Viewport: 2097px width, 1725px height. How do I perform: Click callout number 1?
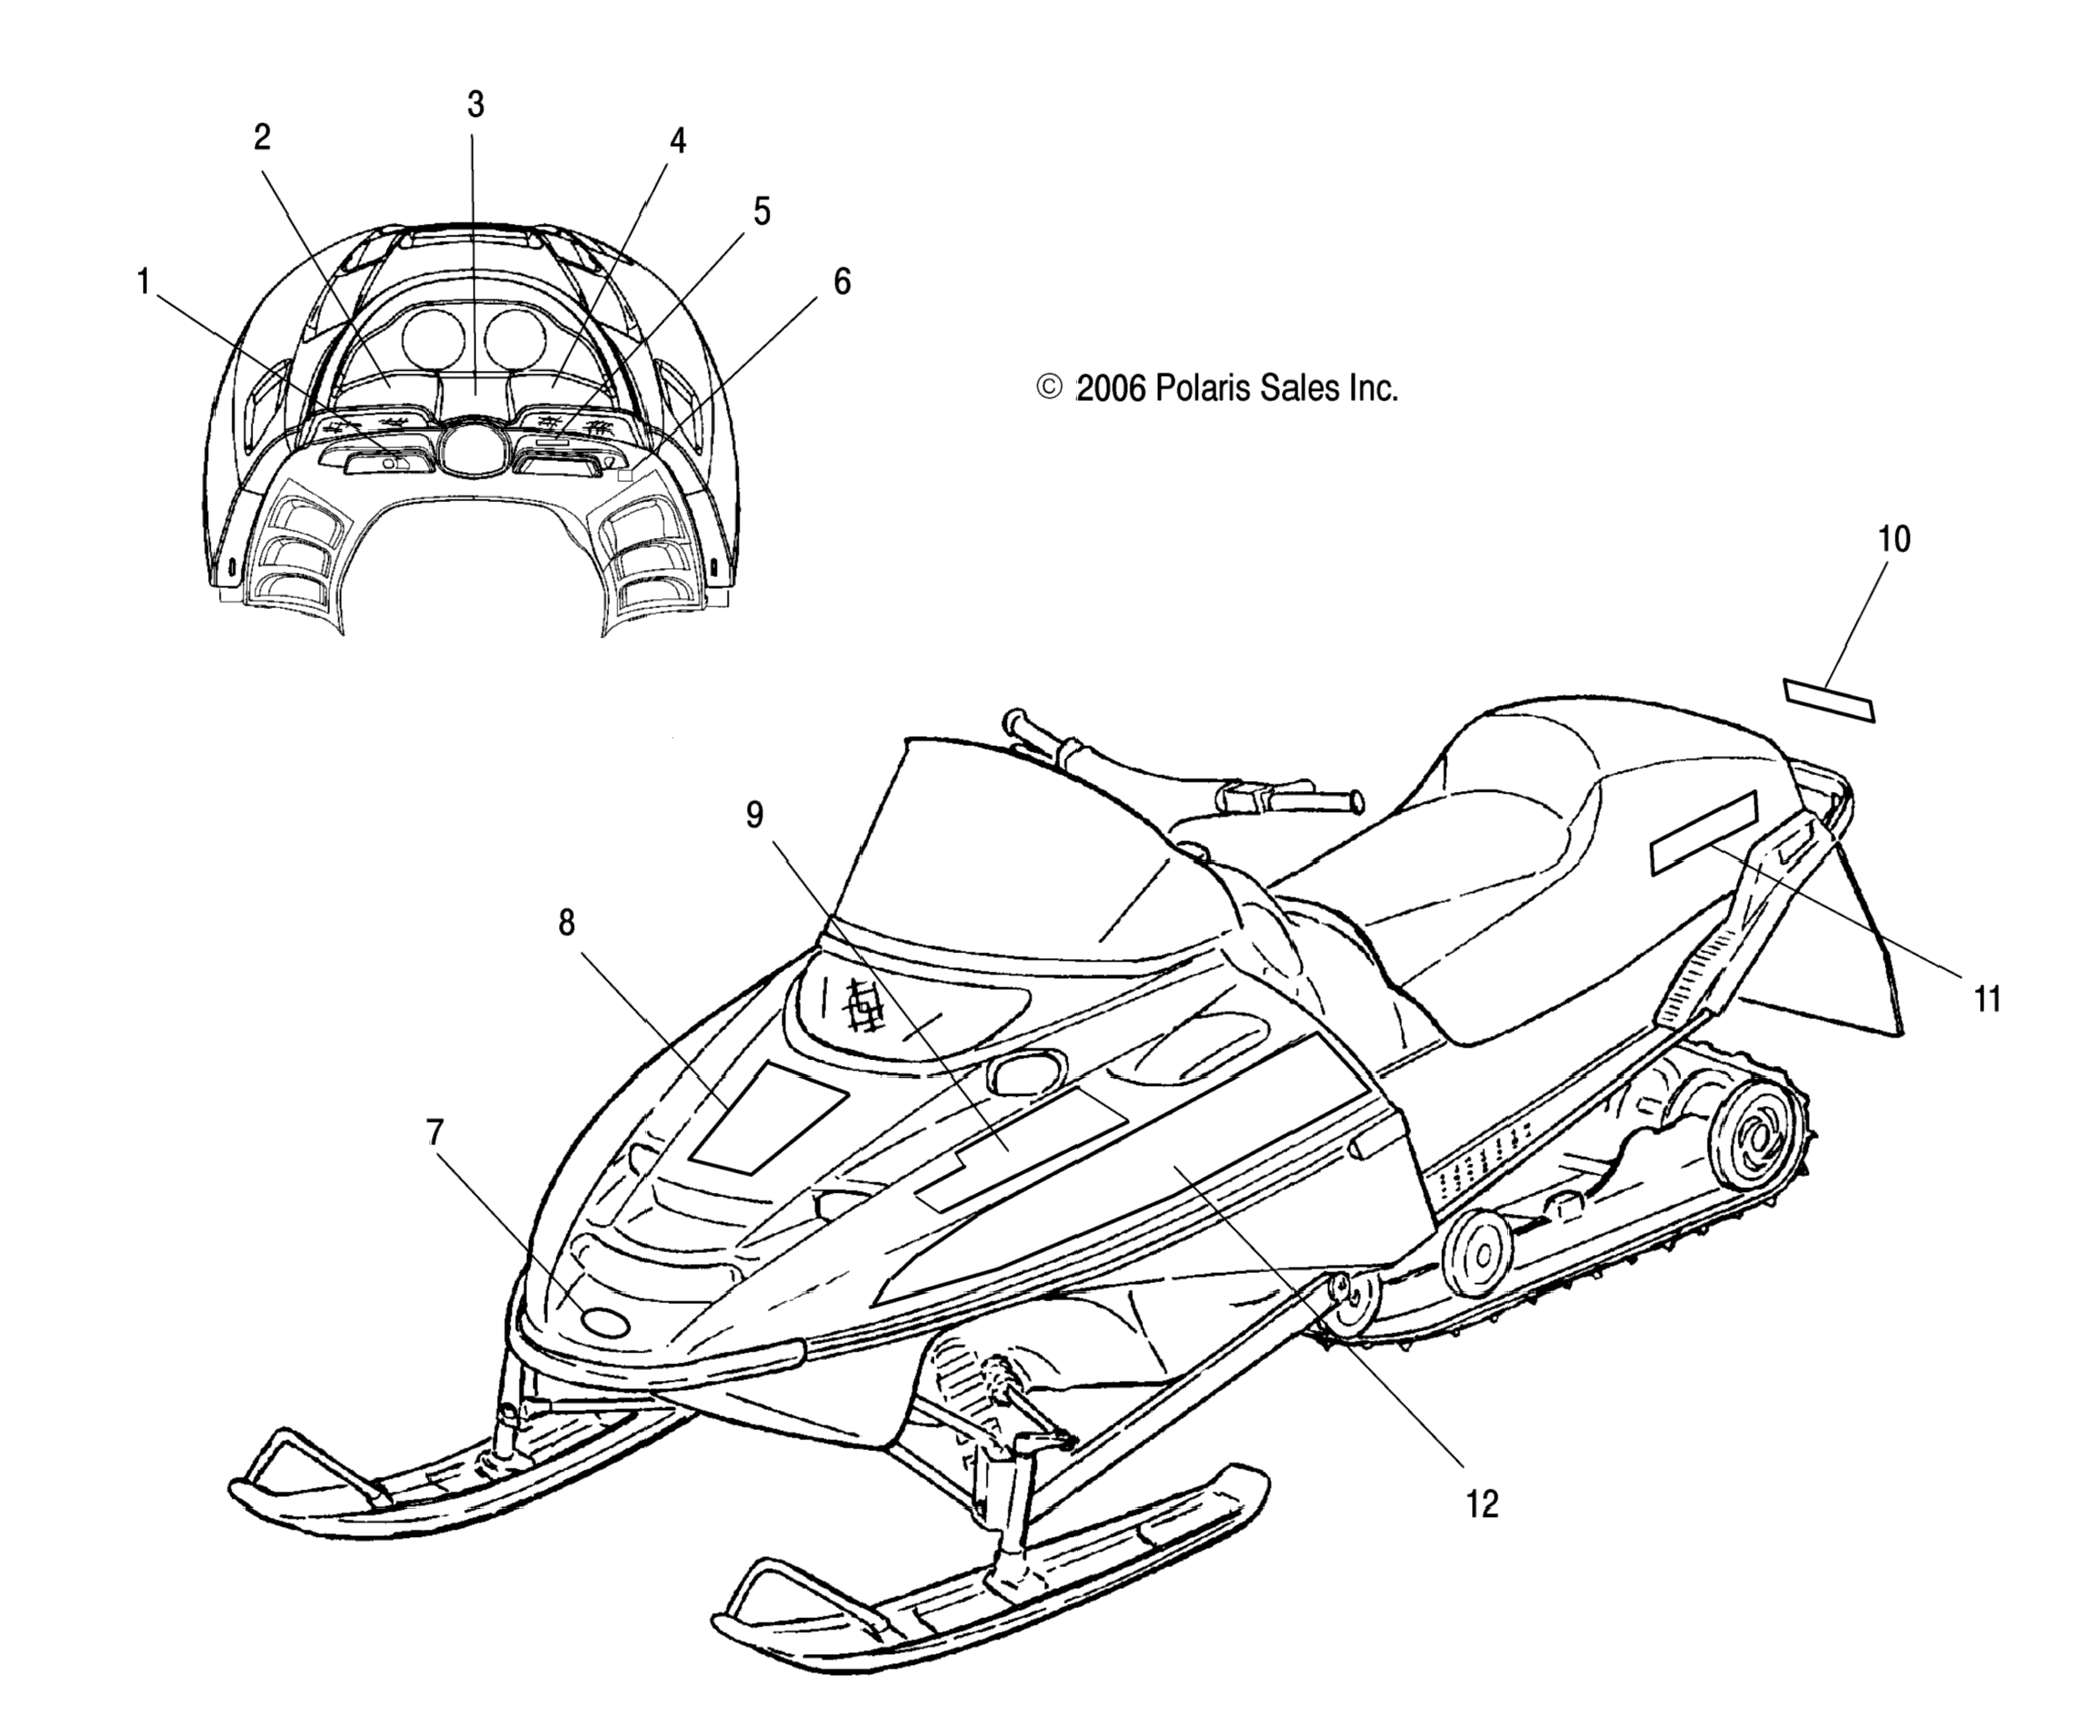click(143, 282)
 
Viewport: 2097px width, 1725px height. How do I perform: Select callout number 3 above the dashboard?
click(475, 104)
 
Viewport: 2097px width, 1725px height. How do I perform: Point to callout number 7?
click(434, 1132)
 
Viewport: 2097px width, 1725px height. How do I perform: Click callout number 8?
click(566, 923)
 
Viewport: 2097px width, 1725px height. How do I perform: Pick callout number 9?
click(755, 814)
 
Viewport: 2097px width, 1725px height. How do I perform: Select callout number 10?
click(1893, 540)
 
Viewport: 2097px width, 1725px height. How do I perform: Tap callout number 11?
click(1987, 998)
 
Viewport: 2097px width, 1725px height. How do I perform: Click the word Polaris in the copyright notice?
click(1205, 388)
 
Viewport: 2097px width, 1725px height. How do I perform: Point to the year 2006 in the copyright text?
click(1112, 388)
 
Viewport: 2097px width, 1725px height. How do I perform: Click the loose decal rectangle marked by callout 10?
click(1829, 699)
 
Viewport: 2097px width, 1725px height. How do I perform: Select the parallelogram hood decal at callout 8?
click(769, 1116)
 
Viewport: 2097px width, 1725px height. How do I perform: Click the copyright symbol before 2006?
click(1048, 387)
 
